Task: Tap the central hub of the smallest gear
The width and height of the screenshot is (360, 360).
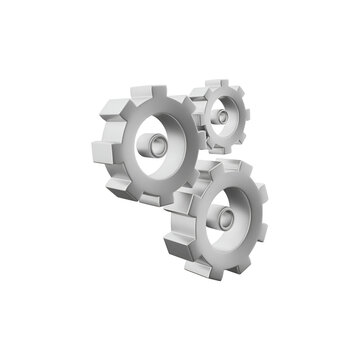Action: (221, 117)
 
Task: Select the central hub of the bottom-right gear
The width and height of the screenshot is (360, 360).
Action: (228, 216)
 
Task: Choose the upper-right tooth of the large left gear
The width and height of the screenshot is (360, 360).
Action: (190, 104)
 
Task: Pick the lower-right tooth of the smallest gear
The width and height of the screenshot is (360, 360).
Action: (241, 138)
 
